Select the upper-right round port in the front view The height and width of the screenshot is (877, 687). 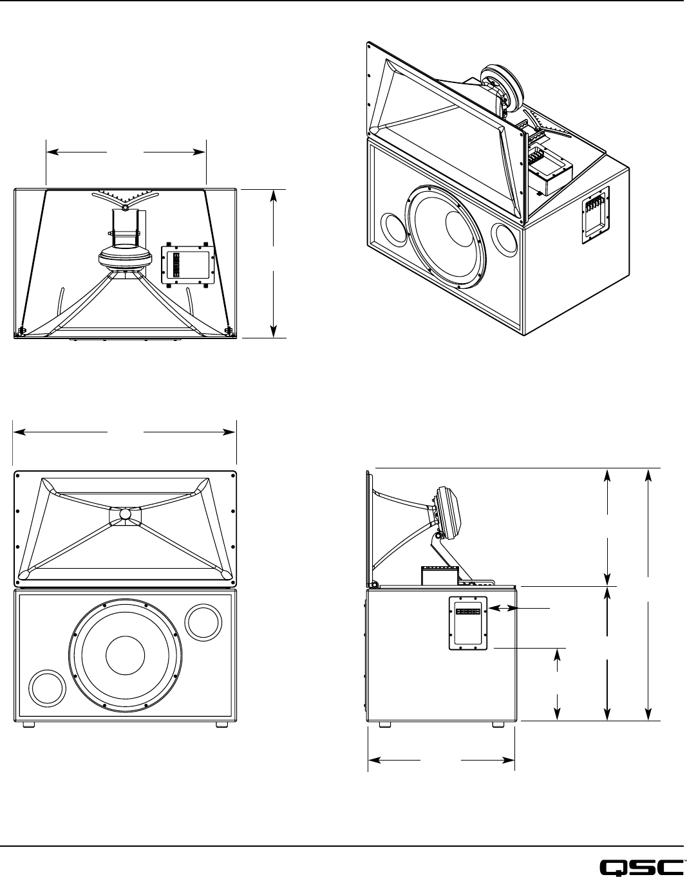pyautogui.click(x=203, y=622)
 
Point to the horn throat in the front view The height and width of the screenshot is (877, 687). pyautogui.click(x=125, y=514)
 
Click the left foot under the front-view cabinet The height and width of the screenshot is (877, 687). pyautogui.click(x=29, y=725)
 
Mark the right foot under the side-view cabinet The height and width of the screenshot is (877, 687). pyautogui.click(x=498, y=725)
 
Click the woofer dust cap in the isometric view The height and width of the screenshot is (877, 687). pyautogui.click(x=462, y=228)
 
